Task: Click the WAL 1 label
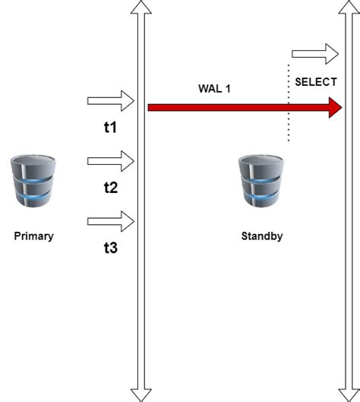coord(214,88)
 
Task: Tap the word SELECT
coord(315,81)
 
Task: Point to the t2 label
coord(110,187)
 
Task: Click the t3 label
coord(110,247)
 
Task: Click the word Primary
coord(33,236)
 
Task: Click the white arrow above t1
coord(111,101)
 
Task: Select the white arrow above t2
coord(111,160)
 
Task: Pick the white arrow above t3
coord(111,221)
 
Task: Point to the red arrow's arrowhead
coord(335,107)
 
